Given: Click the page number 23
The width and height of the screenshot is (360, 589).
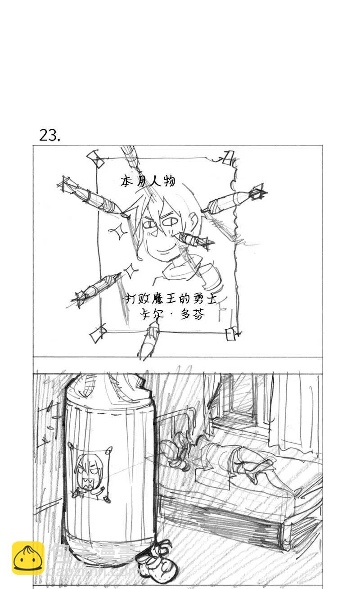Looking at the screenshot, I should (x=49, y=135).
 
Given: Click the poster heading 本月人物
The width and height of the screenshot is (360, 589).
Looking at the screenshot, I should (x=148, y=181).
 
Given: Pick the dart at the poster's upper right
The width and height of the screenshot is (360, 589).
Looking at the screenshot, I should (x=234, y=199).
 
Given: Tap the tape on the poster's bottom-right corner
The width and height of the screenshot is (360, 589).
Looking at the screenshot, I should (x=231, y=334).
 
